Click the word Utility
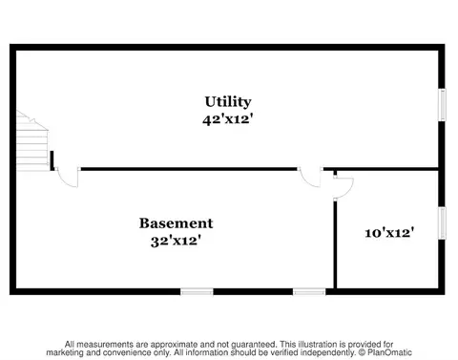point(228,103)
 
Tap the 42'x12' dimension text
point(228,119)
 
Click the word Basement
point(176,223)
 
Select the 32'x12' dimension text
point(176,241)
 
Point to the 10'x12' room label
point(389,233)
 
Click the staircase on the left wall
point(32,141)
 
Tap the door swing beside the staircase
point(68,177)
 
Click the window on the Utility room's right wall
point(442,105)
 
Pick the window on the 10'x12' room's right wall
point(442,223)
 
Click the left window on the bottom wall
point(197,291)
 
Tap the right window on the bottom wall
point(309,291)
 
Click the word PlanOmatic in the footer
point(389,352)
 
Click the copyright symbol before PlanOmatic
point(362,352)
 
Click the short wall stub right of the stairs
point(52,160)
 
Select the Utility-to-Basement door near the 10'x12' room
point(311,177)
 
